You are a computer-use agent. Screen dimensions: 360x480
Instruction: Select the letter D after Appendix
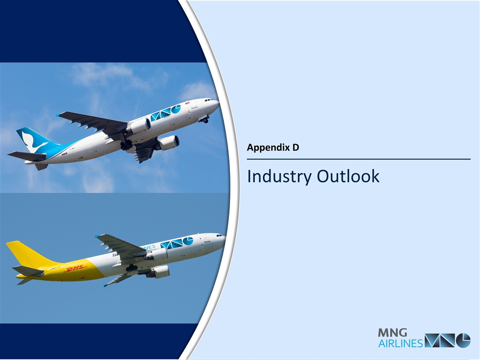point(295,147)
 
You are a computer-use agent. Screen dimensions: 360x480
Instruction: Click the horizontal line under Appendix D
point(359,159)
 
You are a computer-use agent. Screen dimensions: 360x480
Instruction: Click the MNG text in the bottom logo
point(392,333)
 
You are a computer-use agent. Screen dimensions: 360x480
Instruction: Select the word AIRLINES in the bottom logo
point(400,343)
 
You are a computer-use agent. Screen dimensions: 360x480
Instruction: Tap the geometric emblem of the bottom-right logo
point(447,340)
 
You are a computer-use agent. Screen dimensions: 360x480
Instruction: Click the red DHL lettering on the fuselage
point(76,269)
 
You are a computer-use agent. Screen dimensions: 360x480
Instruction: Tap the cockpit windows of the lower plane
point(220,235)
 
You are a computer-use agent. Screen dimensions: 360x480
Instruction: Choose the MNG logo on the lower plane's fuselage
point(177,243)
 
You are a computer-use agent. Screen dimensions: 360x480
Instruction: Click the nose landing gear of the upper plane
point(204,120)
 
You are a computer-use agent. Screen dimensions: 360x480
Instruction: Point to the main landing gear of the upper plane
point(126,145)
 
